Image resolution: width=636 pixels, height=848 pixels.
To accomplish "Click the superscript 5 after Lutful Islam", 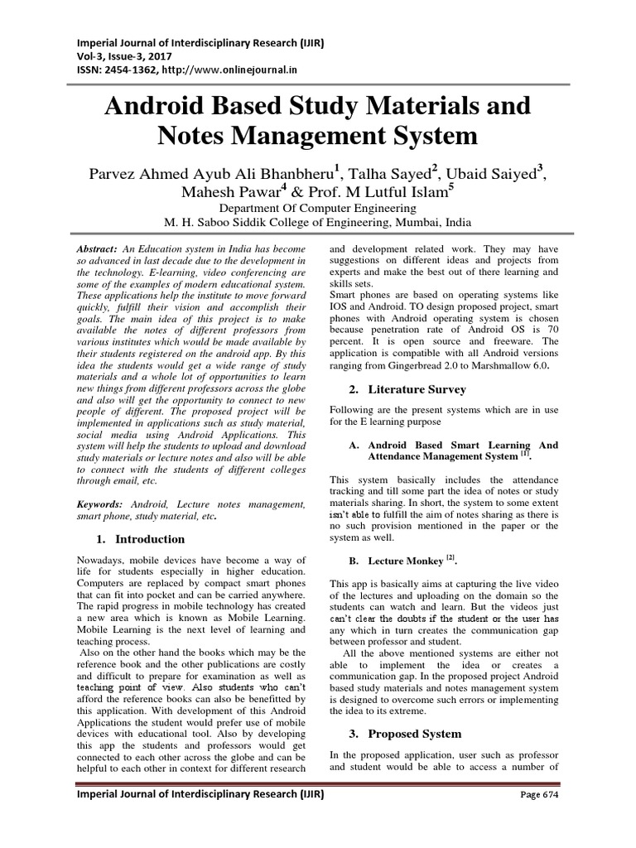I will click(x=451, y=187).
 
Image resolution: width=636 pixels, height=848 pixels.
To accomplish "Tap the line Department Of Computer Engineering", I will click(x=317, y=210).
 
